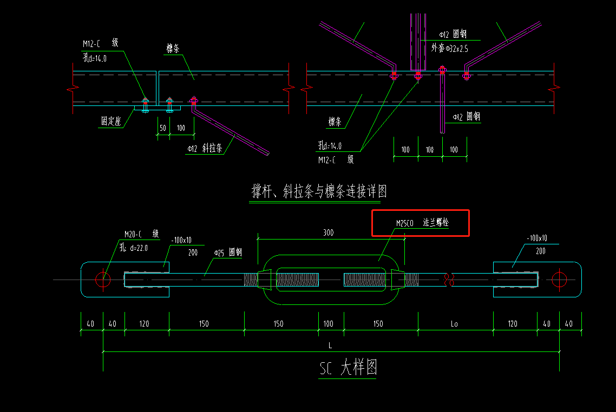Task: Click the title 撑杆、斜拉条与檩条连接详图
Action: tap(319, 191)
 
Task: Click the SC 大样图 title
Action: tap(348, 368)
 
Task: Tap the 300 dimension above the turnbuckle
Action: tap(328, 232)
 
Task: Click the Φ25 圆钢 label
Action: tap(227, 252)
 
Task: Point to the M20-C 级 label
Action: tap(141, 234)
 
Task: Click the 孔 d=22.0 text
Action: tap(134, 248)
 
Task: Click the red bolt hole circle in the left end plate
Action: tap(103, 280)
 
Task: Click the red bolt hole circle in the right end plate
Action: tap(559, 280)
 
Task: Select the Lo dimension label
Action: tap(454, 324)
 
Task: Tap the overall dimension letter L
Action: tap(330, 345)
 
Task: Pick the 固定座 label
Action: tap(110, 122)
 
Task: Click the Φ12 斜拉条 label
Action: tap(205, 149)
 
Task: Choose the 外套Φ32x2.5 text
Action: tap(449, 49)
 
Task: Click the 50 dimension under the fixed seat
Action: tap(162, 128)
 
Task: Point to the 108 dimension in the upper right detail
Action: tap(430, 149)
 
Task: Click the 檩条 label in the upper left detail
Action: tap(173, 49)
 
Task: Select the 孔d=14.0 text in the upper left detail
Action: tap(95, 58)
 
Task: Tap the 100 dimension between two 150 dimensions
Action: tap(329, 324)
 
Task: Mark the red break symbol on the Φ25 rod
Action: tap(447, 280)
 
